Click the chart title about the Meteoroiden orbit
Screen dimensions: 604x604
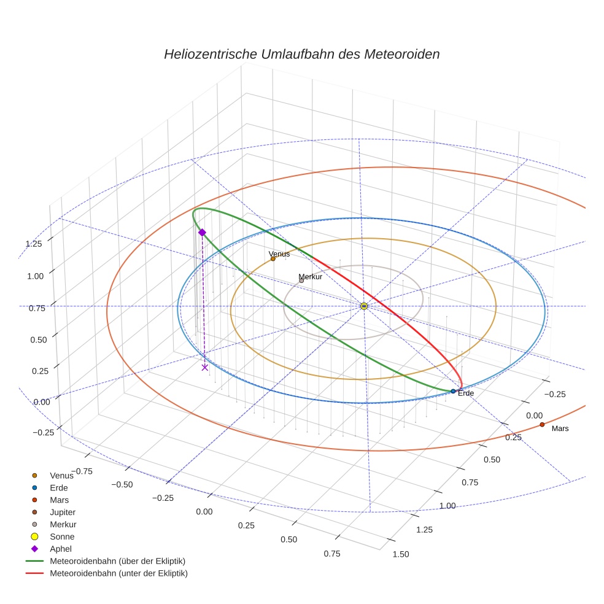(301, 54)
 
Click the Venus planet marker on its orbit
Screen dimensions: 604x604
(273, 258)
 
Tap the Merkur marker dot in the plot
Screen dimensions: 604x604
(301, 281)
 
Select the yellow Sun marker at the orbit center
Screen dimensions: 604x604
(364, 306)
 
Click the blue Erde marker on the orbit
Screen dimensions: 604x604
(453, 391)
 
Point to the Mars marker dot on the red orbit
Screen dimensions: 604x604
(542, 424)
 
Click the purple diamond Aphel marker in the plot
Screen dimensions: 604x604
(202, 232)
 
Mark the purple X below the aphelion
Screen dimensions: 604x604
(204, 367)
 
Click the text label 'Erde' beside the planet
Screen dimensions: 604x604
(466, 393)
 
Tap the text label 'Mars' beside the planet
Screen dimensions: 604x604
(560, 428)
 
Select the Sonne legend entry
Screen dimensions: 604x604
(62, 536)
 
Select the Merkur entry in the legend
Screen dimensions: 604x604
(63, 524)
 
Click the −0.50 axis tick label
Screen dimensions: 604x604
(122, 484)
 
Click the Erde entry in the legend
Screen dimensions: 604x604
(59, 487)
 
